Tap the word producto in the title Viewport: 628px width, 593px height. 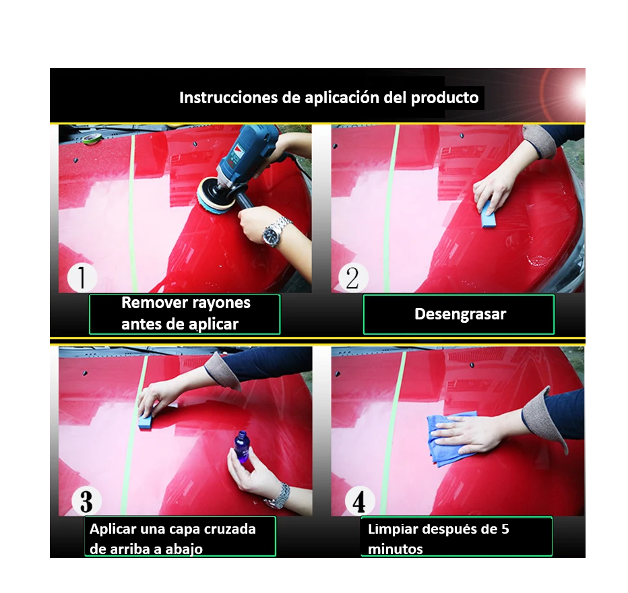click(445, 98)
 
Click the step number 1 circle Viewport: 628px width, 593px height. click(82, 278)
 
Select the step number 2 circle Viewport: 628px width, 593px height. click(353, 278)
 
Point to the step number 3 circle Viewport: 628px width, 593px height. click(86, 501)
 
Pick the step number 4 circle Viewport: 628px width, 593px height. click(359, 501)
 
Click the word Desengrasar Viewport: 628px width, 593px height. click(460, 314)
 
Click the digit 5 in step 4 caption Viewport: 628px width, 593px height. click(505, 529)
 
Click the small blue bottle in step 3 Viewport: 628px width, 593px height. click(241, 447)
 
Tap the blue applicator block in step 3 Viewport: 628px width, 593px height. click(146, 422)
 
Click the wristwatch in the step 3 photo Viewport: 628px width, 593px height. click(279, 497)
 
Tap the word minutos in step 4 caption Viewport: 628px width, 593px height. click(396, 549)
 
